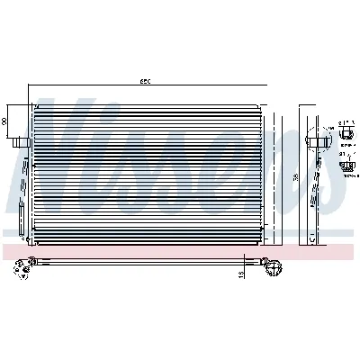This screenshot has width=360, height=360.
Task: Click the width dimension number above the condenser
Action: coord(145,82)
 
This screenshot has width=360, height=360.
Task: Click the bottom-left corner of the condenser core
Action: coord(33,247)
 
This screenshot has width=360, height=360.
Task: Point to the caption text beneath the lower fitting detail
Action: coord(349,176)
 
